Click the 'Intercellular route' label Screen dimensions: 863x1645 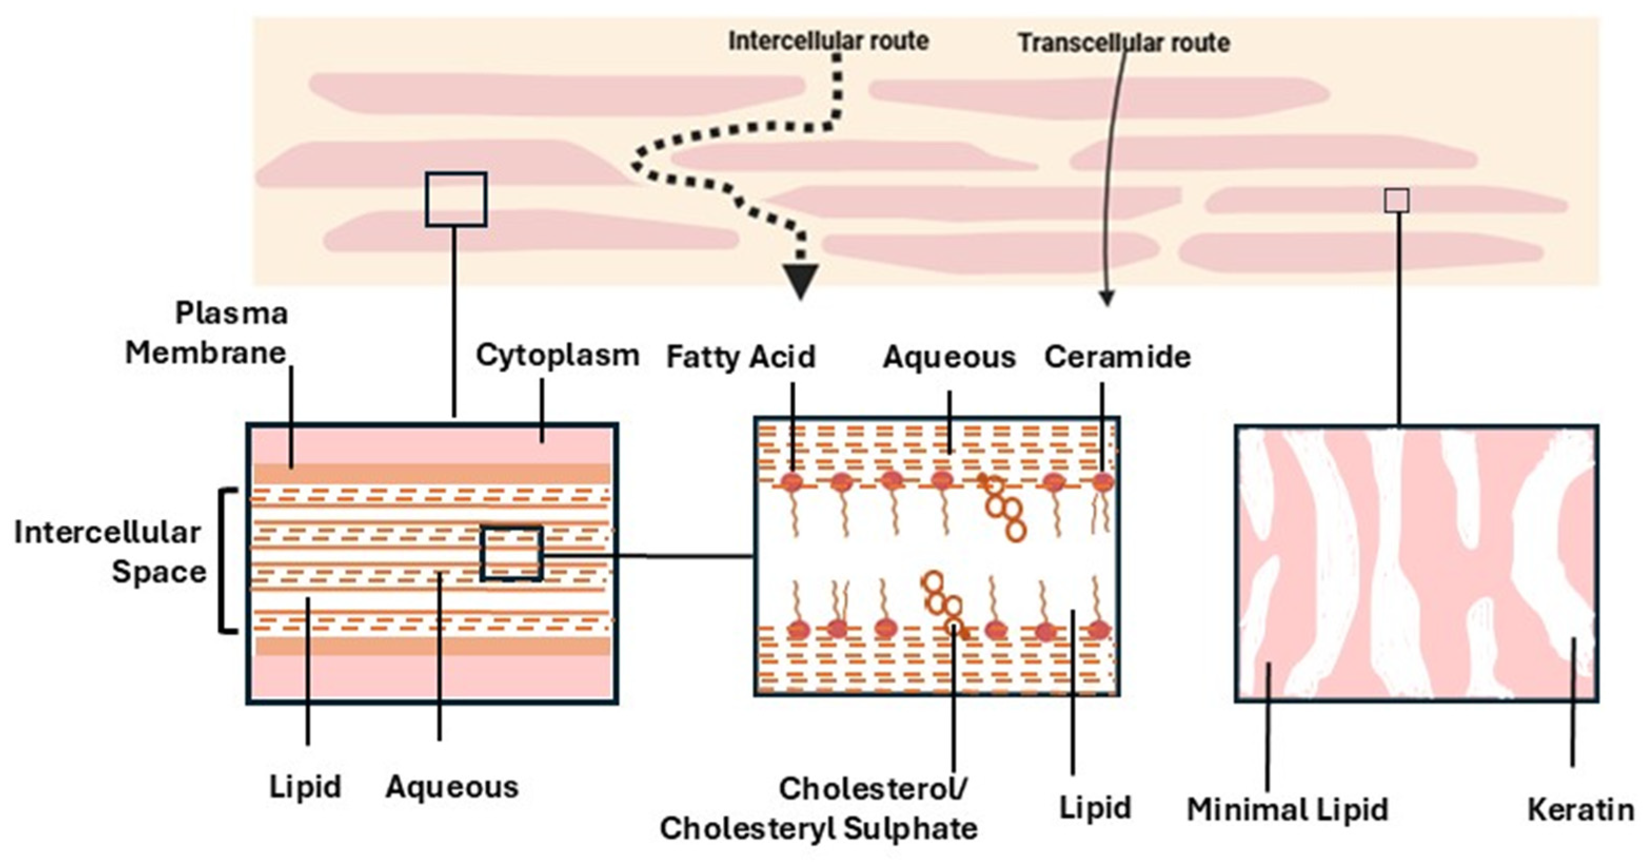pyautogui.click(x=828, y=41)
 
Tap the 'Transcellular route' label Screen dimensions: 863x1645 pyautogui.click(x=1123, y=43)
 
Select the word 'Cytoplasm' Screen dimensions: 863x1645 pyautogui.click(x=558, y=355)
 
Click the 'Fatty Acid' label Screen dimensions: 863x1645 pyautogui.click(x=741, y=356)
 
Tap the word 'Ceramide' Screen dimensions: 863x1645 pyautogui.click(x=1117, y=356)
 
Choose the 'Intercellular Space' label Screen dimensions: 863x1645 pyautogui.click(x=108, y=552)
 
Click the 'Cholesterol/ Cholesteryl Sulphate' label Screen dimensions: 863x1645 pyautogui.click(x=819, y=809)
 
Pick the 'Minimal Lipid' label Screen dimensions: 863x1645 pyautogui.click(x=1287, y=810)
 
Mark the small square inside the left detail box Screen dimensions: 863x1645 pyautogui.click(x=511, y=553)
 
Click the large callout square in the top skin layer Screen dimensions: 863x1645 pyautogui.click(x=456, y=200)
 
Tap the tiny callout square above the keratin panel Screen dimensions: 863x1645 pyautogui.click(x=1396, y=200)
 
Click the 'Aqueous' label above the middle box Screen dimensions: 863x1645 pyautogui.click(x=949, y=356)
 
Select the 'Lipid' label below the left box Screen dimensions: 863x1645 pyautogui.click(x=304, y=786)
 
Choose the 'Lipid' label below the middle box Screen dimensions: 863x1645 pyautogui.click(x=1095, y=807)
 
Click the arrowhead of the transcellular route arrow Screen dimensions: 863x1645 pyautogui.click(x=1107, y=299)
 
